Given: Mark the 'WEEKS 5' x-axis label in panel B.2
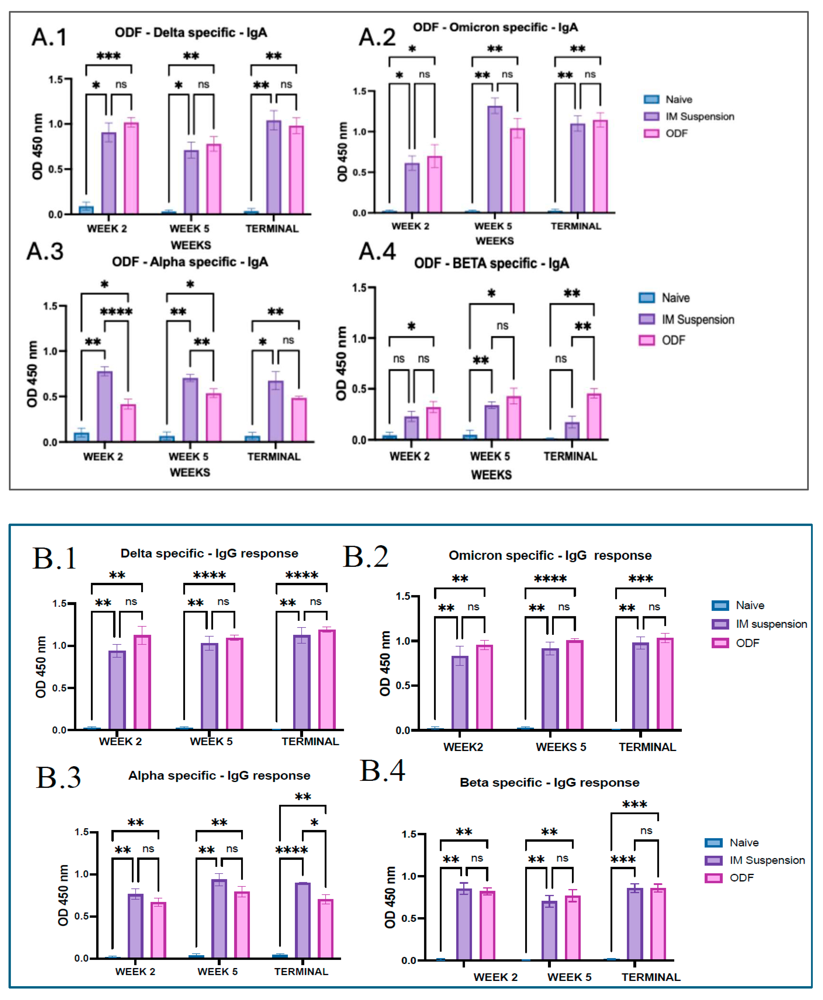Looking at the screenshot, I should coord(561,747).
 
